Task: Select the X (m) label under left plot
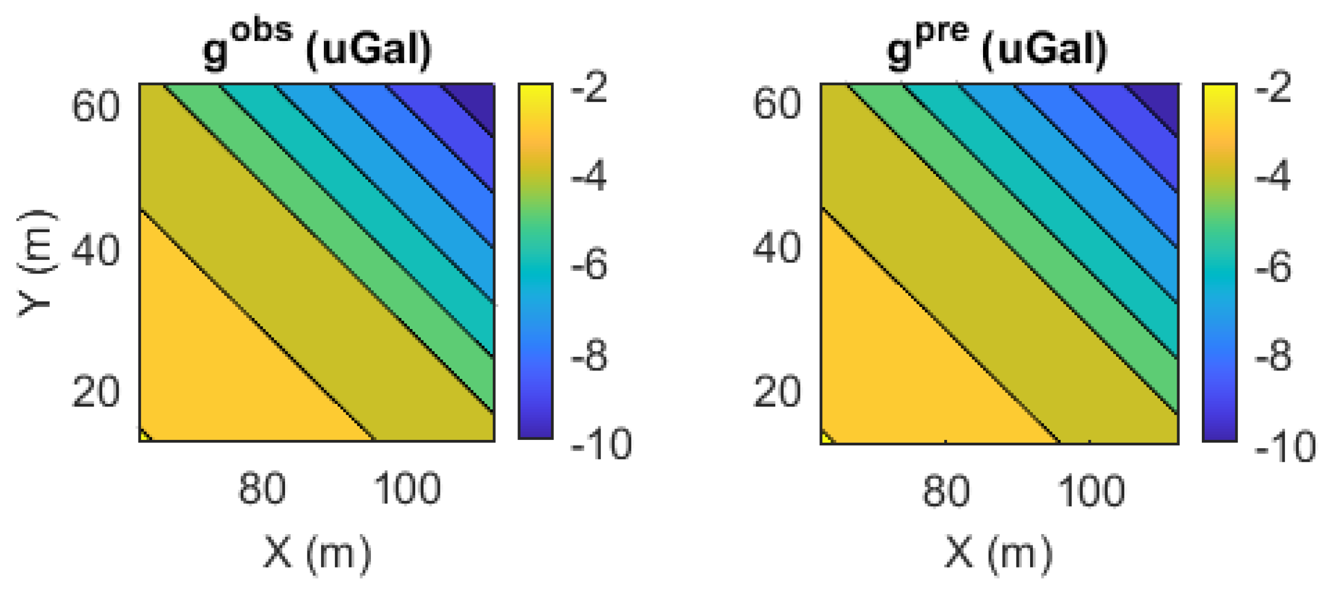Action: pos(317,554)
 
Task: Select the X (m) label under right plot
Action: pos(998,554)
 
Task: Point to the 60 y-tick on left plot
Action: pos(95,106)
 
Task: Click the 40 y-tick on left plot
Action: pos(95,251)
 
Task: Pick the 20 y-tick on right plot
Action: pos(777,392)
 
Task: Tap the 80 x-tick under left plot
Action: pos(261,489)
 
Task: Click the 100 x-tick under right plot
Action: pos(1091,491)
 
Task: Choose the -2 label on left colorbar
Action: pos(589,88)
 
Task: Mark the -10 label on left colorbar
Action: pos(601,444)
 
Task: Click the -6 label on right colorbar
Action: pos(1273,267)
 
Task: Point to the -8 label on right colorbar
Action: pos(1273,356)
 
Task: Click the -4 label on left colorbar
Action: pos(589,176)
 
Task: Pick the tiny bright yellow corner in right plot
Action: pos(826,438)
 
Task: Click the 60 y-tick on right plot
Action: pos(777,104)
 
